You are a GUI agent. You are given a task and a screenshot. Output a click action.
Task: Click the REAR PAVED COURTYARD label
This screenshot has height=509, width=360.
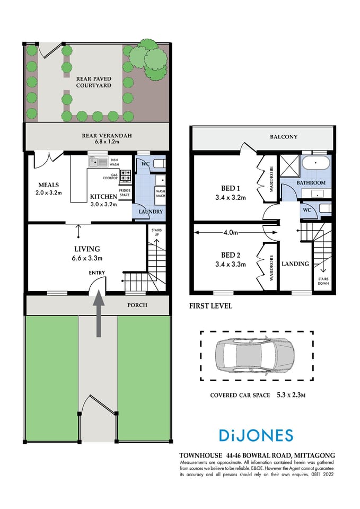93,81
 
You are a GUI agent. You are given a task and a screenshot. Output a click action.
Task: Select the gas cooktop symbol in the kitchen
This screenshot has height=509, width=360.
126,174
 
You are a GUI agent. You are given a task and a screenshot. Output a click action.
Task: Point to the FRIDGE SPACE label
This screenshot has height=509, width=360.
125,192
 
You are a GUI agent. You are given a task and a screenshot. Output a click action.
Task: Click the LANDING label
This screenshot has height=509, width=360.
295,264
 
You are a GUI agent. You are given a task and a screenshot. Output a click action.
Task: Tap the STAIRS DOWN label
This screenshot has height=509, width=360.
323,280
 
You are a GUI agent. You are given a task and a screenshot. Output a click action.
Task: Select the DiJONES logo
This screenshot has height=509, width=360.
256,435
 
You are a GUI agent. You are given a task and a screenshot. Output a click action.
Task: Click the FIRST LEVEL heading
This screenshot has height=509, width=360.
210,306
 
